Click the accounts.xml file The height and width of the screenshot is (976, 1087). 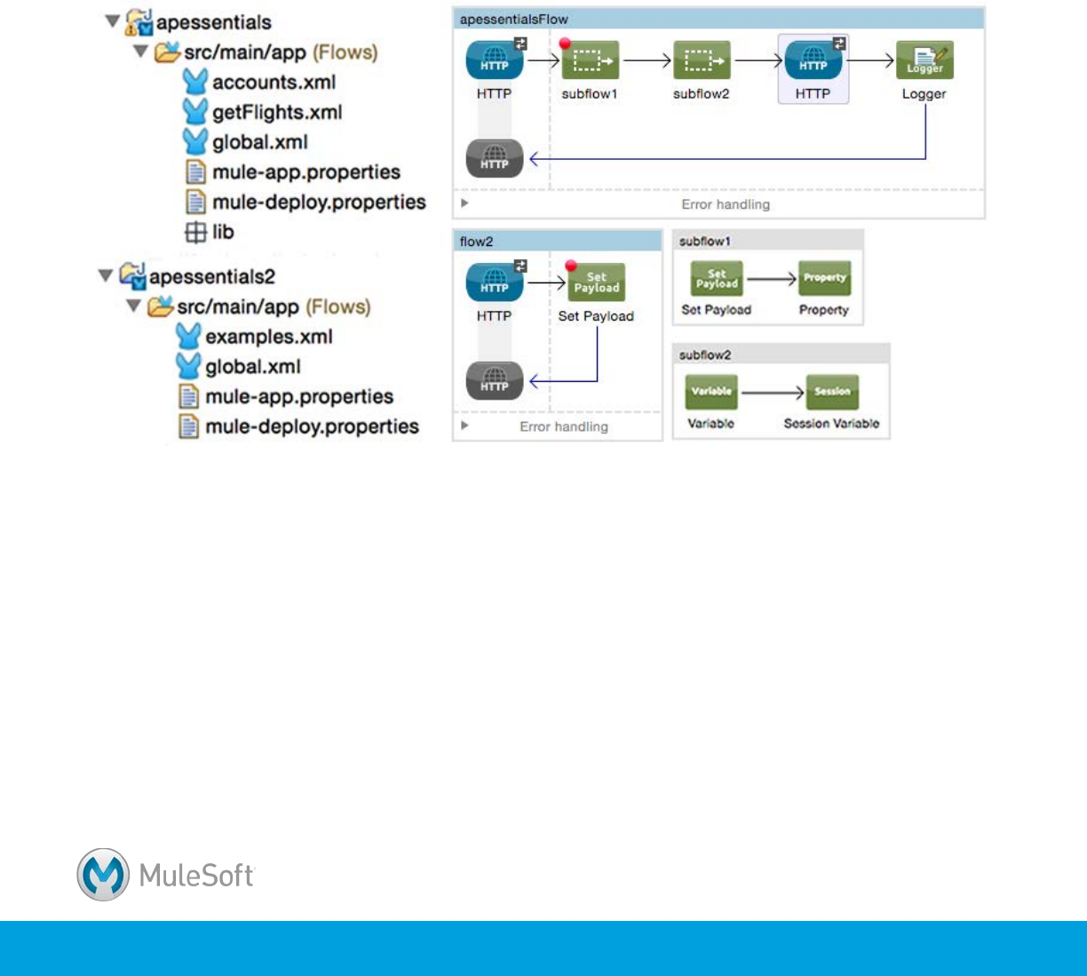pos(274,83)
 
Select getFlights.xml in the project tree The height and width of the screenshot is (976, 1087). pos(276,113)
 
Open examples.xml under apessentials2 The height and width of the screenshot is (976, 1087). pos(268,337)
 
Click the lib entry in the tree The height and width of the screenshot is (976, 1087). pos(222,233)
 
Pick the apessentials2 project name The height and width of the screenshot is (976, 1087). pos(211,277)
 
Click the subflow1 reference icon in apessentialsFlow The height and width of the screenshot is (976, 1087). pos(591,61)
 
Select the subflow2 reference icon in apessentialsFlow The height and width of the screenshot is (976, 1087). pos(702,61)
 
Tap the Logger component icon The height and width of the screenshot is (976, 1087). pos(924,61)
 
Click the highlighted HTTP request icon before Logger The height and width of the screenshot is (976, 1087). pos(813,61)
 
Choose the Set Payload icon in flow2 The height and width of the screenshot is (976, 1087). pos(596,283)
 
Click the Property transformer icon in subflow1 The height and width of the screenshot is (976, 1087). pos(824,278)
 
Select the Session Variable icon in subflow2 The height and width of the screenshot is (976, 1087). pos(831,392)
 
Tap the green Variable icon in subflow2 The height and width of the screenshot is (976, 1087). pos(711,392)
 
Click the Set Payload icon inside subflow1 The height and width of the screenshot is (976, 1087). pos(717,279)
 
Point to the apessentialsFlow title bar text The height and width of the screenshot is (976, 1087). pos(514,19)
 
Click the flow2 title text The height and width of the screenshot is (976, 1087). pos(476,241)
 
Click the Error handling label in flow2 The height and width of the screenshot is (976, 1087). pos(564,427)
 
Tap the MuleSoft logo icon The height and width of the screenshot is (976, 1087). pos(103,875)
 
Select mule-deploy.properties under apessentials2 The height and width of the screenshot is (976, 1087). pos(311,427)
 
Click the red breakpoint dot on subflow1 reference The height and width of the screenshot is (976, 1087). pos(565,43)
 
